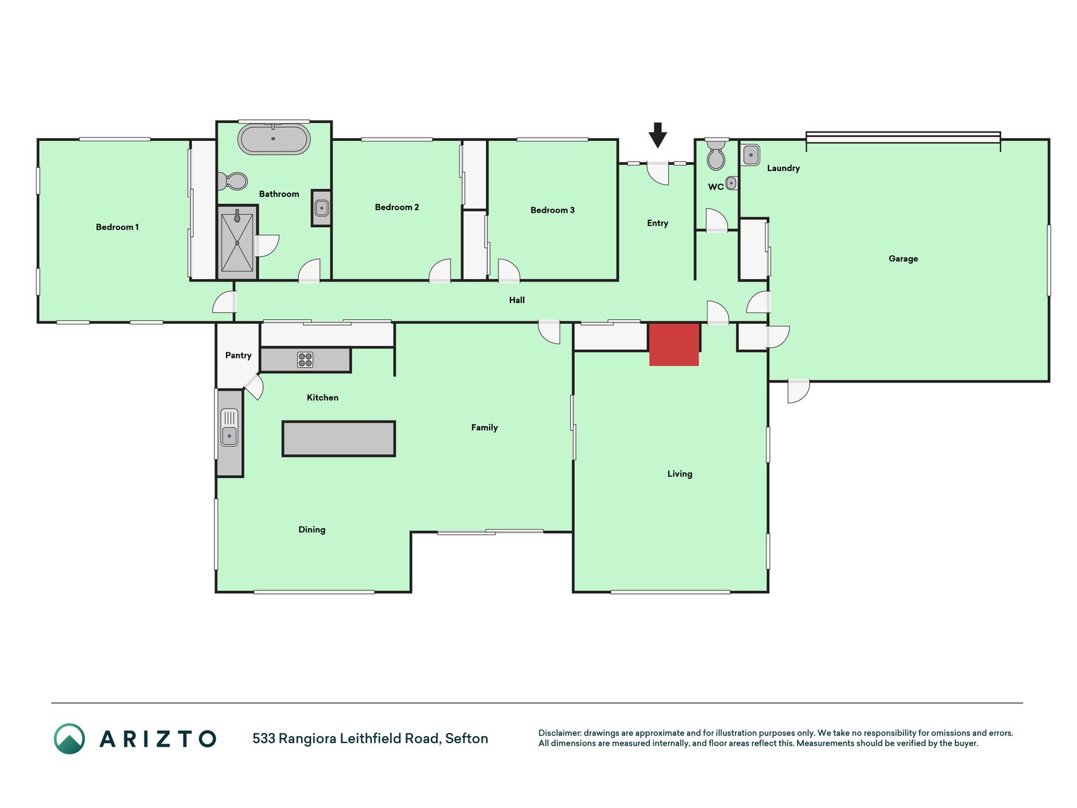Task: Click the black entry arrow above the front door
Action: point(657,135)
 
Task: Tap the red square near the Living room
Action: point(674,345)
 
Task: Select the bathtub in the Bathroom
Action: point(274,139)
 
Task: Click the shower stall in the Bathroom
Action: point(237,242)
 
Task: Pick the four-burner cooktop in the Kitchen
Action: point(305,360)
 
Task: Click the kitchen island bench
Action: point(339,439)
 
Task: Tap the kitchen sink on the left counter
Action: point(229,427)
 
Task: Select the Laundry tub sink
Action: point(751,155)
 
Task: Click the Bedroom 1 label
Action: point(117,227)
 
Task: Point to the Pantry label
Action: point(238,355)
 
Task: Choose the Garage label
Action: point(903,259)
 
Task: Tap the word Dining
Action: point(312,530)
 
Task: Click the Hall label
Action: point(517,300)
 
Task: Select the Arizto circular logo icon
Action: point(69,739)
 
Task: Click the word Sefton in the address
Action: point(466,739)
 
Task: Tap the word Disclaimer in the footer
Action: point(560,733)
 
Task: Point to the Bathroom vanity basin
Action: point(322,208)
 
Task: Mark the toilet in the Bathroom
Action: point(233,181)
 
